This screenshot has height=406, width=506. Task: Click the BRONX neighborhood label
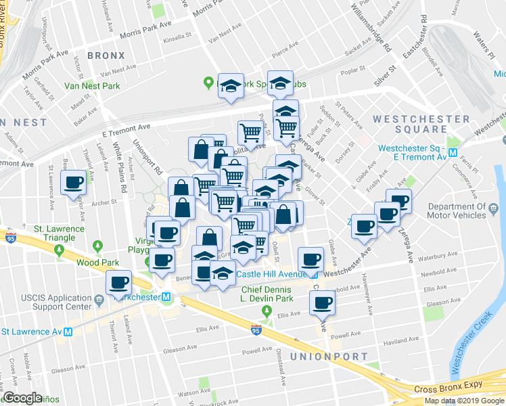point(106,55)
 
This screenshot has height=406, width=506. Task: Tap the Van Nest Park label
point(92,86)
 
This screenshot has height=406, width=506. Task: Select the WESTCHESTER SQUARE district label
point(421,124)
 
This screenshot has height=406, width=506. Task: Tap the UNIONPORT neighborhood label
point(329,356)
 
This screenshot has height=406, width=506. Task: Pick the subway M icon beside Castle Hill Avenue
point(313,274)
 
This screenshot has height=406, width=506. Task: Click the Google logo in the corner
point(22,398)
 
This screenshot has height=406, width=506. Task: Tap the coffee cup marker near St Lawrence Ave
point(73,182)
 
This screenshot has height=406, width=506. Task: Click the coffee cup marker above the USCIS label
point(119,283)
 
